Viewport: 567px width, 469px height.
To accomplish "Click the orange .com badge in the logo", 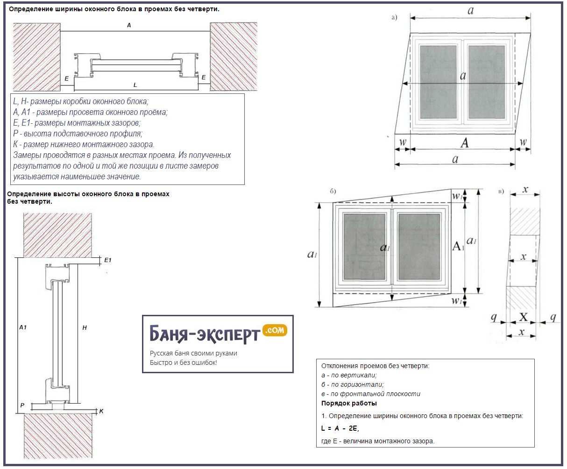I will (275, 330).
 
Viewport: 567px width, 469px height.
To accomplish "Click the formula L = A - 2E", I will (340, 428).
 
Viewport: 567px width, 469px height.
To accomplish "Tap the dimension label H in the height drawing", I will (85, 328).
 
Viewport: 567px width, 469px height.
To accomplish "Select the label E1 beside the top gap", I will (108, 260).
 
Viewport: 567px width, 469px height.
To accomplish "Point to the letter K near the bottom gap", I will (101, 412).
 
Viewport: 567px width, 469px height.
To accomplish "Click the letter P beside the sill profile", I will (22, 405).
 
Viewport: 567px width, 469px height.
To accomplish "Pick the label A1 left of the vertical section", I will (23, 327).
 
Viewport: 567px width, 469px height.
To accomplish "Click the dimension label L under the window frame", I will (135, 85).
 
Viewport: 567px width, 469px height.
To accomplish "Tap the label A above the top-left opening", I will (129, 25).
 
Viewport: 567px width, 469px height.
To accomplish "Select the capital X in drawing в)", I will (524, 318).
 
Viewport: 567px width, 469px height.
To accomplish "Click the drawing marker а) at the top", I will (394, 18).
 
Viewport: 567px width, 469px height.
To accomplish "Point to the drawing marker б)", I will (333, 191).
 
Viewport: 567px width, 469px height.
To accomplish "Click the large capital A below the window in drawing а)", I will (464, 143).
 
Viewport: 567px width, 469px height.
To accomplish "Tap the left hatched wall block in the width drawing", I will (36, 57).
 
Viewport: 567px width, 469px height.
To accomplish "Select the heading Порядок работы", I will (349, 403).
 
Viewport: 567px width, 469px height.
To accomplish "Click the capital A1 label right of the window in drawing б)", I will (458, 246).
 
